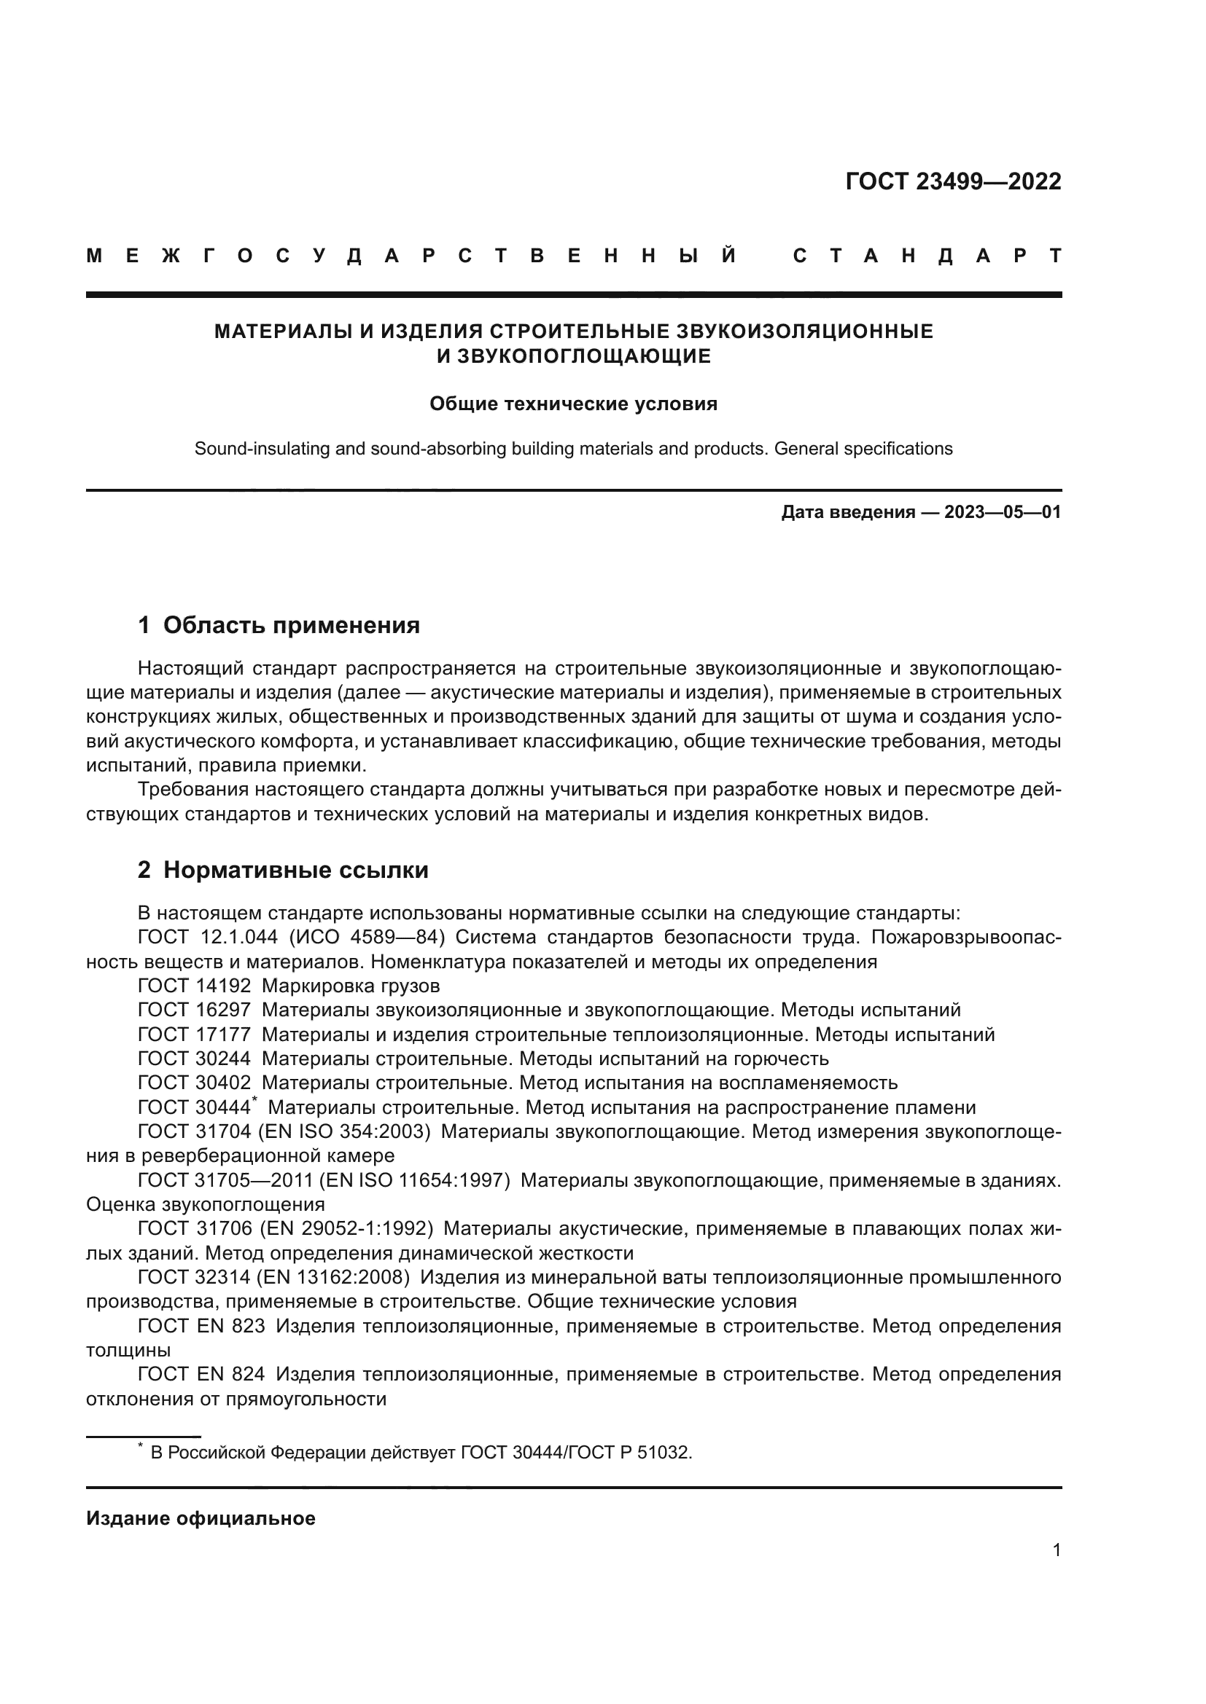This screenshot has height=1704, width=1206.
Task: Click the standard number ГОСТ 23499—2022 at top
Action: pyautogui.click(x=953, y=181)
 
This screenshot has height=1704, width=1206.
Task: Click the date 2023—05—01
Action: pyautogui.click(x=1002, y=512)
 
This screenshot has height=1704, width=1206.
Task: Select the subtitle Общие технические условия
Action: pyautogui.click(x=573, y=404)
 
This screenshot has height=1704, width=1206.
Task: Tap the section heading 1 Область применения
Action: pyautogui.click(x=279, y=625)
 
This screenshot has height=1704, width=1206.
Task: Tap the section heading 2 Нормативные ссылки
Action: pyautogui.click(x=283, y=870)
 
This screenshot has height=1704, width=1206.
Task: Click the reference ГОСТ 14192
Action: pyautogui.click(x=194, y=986)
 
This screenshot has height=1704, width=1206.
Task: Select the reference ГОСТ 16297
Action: pyautogui.click(x=194, y=1010)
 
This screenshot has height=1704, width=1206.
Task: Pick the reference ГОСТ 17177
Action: pyautogui.click(x=194, y=1034)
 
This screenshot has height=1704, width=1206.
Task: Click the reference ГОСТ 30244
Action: pyautogui.click(x=194, y=1059)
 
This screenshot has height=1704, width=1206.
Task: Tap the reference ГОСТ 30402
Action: pyautogui.click(x=194, y=1083)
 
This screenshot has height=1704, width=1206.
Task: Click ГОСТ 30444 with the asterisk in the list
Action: pyautogui.click(x=196, y=1107)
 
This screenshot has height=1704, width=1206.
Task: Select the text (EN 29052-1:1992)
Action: pyautogui.click(x=347, y=1228)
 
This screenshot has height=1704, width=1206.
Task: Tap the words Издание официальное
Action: pyautogui.click(x=201, y=1518)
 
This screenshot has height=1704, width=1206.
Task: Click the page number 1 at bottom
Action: pyautogui.click(x=1056, y=1550)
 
